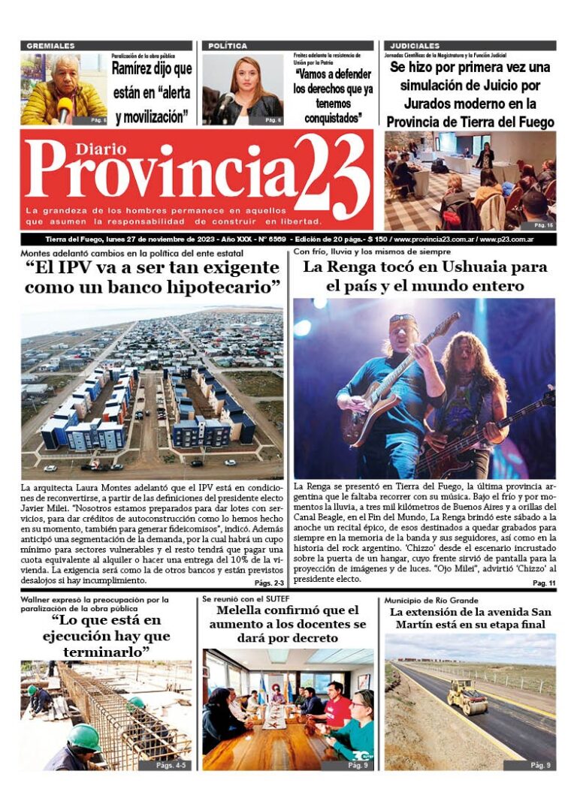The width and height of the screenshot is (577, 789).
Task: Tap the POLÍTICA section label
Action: pos(228,46)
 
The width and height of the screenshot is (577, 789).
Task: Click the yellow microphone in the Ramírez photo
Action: pos(65,108)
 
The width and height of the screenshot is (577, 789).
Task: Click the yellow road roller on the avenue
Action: pos(467,697)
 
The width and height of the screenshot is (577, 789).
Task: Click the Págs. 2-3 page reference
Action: pos(268,583)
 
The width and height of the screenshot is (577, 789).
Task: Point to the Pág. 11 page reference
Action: pos(543,583)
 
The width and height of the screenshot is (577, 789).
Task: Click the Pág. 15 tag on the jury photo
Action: pos(542,224)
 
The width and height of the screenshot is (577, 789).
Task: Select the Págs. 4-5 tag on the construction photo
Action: pos(174,765)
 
